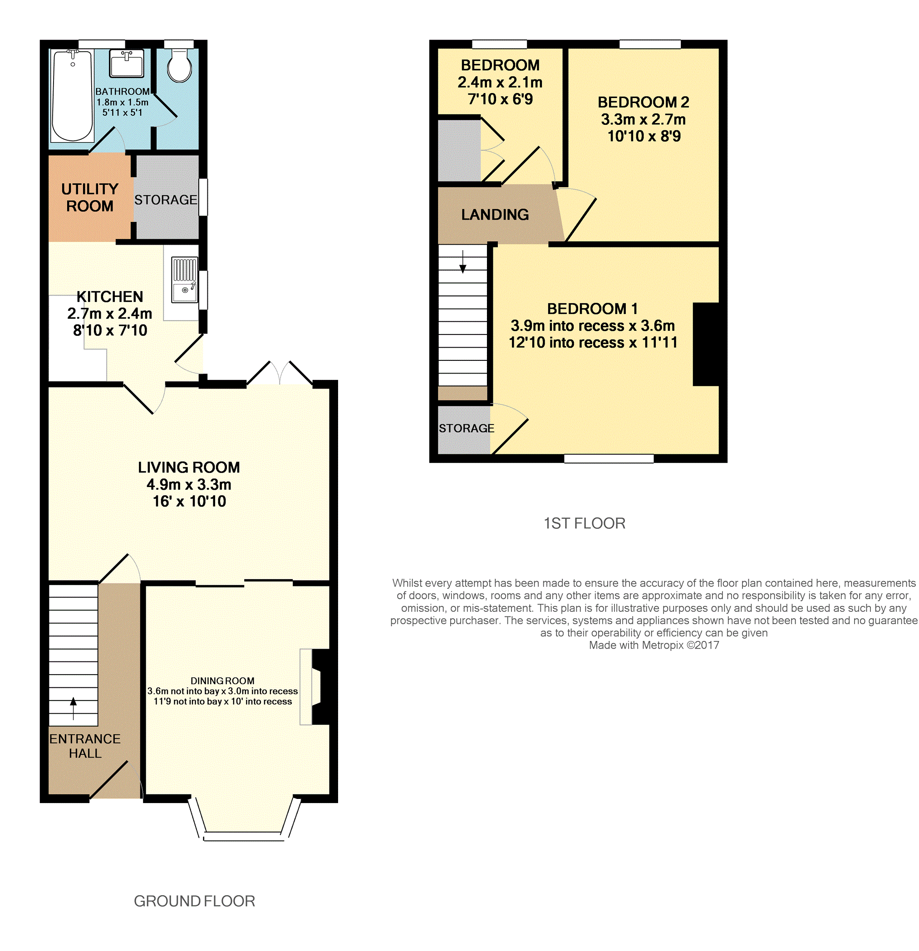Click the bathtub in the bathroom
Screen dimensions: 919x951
click(x=72, y=96)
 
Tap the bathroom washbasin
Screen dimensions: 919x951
click(x=127, y=63)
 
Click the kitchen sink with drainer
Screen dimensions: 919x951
click(x=185, y=280)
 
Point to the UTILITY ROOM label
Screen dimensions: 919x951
click(x=90, y=197)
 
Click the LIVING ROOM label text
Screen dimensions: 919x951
click(x=189, y=467)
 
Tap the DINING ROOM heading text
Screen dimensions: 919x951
click(x=222, y=681)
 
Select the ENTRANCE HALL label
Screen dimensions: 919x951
click(x=85, y=746)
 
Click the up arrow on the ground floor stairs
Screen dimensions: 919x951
click(x=73, y=709)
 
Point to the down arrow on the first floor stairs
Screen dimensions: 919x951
click(x=462, y=261)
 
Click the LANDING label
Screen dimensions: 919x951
click(x=495, y=214)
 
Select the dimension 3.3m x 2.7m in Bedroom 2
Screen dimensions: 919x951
click(x=643, y=119)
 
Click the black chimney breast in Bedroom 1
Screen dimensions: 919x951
click(x=706, y=345)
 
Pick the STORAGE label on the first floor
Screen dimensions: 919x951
click(x=467, y=428)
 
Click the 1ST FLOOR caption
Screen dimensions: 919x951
click(x=585, y=523)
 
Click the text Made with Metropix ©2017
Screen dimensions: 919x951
click(x=654, y=645)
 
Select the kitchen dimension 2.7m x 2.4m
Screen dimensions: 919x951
click(x=110, y=313)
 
